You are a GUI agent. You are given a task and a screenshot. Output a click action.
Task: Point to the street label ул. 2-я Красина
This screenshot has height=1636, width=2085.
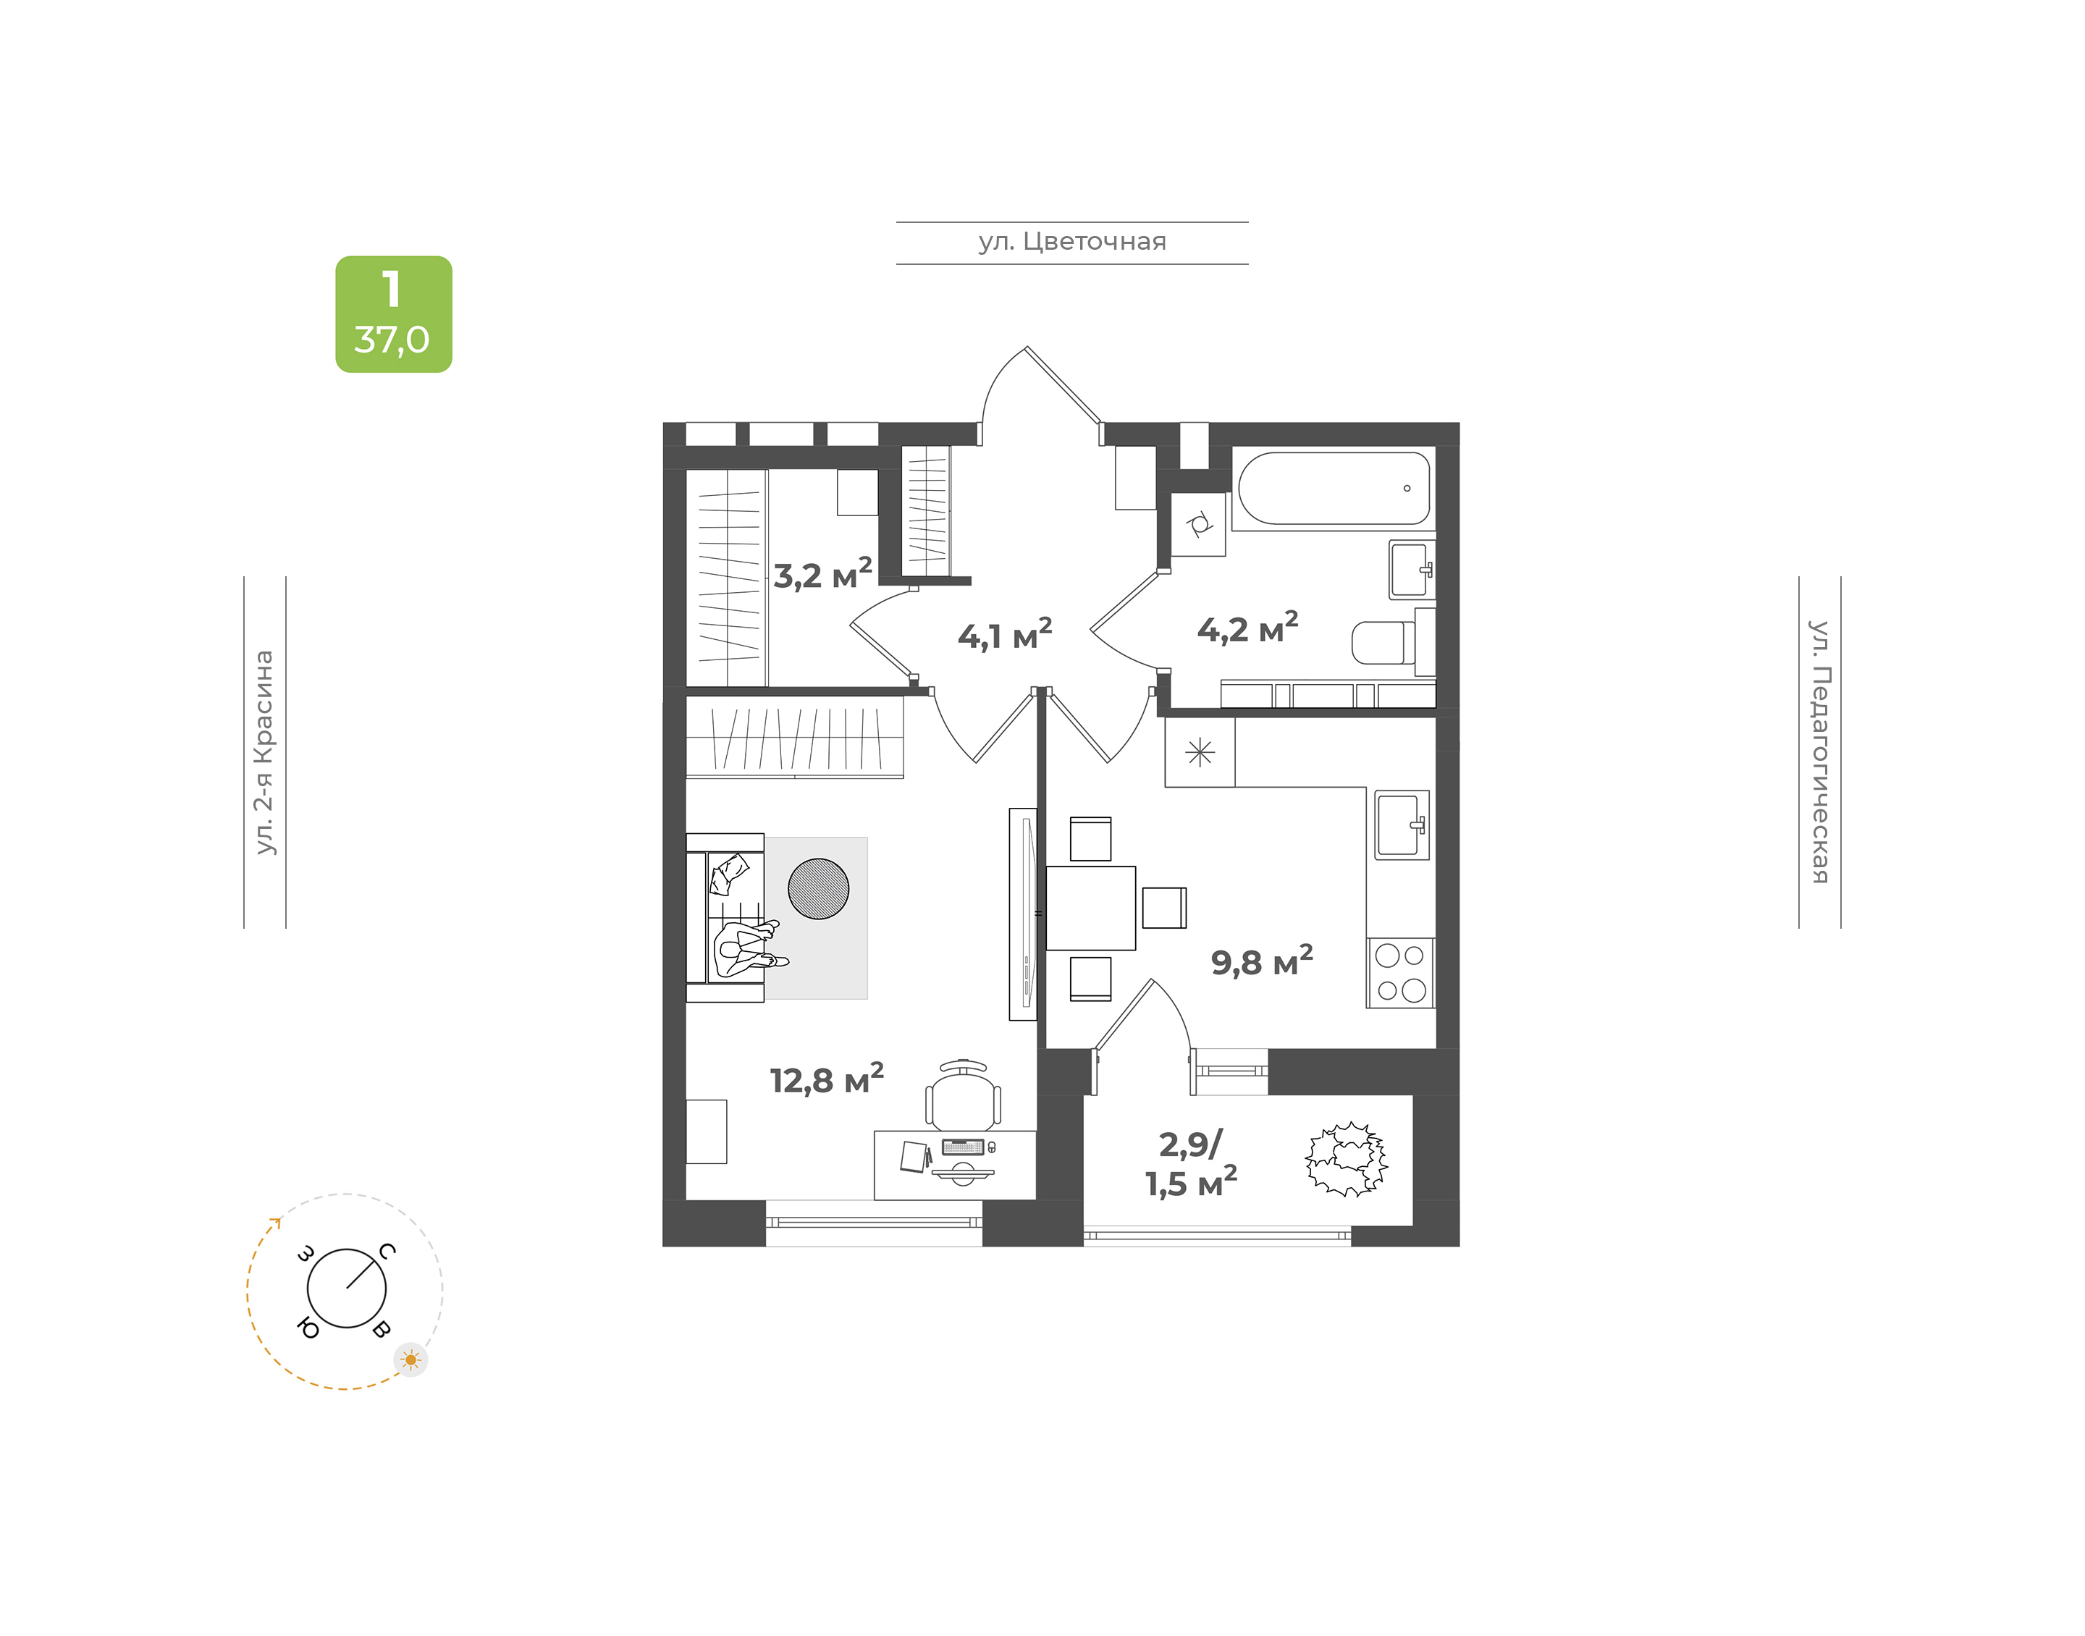(x=264, y=752)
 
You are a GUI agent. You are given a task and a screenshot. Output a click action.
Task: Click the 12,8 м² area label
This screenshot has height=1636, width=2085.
(x=827, y=1079)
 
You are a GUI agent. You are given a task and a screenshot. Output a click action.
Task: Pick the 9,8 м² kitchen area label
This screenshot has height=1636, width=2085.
(x=1261, y=961)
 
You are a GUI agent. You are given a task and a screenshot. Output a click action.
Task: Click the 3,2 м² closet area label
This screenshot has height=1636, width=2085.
(x=822, y=575)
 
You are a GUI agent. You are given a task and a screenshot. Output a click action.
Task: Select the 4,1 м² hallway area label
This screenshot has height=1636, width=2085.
(x=1005, y=635)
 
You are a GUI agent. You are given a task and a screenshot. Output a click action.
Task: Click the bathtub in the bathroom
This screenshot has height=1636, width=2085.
(x=1334, y=489)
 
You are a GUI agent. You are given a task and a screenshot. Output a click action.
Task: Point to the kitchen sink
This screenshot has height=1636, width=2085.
(x=1402, y=825)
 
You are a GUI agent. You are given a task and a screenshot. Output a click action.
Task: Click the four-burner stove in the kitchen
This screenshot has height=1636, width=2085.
(x=1400, y=973)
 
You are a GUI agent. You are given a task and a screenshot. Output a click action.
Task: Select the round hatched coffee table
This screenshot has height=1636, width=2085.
(x=818, y=889)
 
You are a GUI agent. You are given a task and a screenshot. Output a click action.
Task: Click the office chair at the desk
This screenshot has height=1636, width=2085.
(x=963, y=1096)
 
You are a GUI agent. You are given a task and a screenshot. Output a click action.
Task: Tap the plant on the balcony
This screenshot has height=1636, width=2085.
(x=1347, y=1160)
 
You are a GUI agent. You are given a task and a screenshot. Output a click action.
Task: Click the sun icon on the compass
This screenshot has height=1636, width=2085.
(x=411, y=1360)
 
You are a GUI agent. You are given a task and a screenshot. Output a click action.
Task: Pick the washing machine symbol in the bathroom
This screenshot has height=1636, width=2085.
(x=1198, y=525)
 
